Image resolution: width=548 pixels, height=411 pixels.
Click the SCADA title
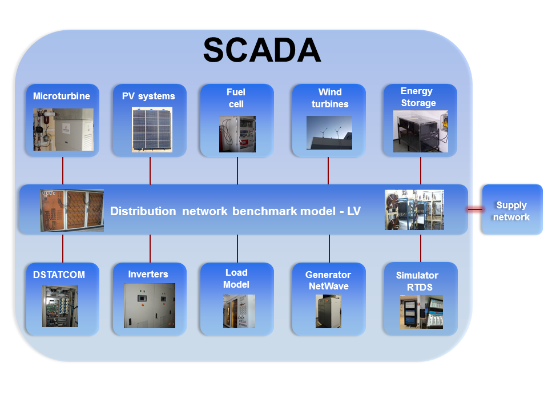pos(262,50)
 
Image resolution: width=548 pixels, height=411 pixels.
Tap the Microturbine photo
pos(63,130)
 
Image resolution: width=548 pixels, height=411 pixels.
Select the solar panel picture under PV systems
pos(152,130)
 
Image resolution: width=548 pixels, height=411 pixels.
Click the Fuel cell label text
pos(236,98)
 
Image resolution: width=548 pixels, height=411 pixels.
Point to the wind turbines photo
pos(329,133)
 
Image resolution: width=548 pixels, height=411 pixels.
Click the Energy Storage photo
pos(421,131)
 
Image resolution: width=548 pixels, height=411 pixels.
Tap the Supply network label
pos(511,211)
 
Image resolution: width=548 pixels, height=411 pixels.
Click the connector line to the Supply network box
pos(474,209)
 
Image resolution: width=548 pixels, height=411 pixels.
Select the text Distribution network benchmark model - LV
pos(235,211)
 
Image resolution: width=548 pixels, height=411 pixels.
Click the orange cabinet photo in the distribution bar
pos(72,211)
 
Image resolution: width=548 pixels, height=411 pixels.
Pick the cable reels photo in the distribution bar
pos(414,209)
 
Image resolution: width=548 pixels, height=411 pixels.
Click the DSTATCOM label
pos(59,275)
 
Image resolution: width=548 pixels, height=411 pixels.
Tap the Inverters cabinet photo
pos(150,305)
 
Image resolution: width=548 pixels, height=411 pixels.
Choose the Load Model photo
pos(239,311)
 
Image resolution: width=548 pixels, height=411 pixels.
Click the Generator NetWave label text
pos(328,280)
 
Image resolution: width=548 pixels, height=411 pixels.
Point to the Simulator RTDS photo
pos(421,312)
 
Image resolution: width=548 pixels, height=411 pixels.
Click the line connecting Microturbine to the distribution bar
pos(63,171)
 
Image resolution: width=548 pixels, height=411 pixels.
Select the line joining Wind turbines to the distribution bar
pos(328,171)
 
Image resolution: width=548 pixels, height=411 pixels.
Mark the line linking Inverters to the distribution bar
pos(150,248)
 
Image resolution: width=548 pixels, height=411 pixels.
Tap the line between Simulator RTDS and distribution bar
pos(421,248)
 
